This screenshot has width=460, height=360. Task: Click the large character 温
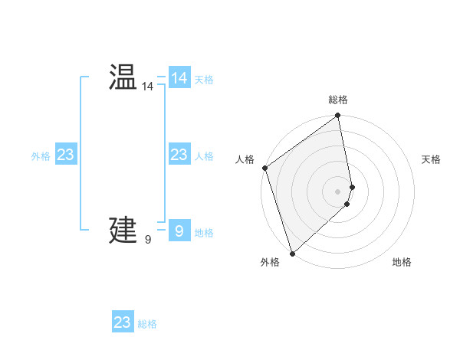pos(123,77)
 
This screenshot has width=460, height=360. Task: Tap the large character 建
pos(123,230)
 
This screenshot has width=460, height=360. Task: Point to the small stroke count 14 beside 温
pos(147,87)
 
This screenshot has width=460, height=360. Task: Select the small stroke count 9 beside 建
pos(147,240)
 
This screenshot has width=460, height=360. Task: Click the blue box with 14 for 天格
pos(179,78)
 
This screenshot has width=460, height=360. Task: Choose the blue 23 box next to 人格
pos(179,155)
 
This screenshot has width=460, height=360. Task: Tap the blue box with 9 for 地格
pos(179,231)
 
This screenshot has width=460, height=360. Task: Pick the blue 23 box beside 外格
pos(66,155)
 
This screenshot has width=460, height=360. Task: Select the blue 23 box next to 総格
pos(123,322)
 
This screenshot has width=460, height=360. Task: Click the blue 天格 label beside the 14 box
pos(204,80)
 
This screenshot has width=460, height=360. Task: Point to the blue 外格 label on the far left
pos(41,156)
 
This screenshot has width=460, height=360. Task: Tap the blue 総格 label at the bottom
pos(147,324)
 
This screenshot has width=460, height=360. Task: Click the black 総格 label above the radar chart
pos(338,100)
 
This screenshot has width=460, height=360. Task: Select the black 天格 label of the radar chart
pos(432,159)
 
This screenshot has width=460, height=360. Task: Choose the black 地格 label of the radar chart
pos(402,262)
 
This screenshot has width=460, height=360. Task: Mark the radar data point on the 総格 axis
pos(338,116)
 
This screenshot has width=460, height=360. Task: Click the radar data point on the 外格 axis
pos(292,253)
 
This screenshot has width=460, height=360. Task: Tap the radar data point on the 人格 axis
pos(264,168)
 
